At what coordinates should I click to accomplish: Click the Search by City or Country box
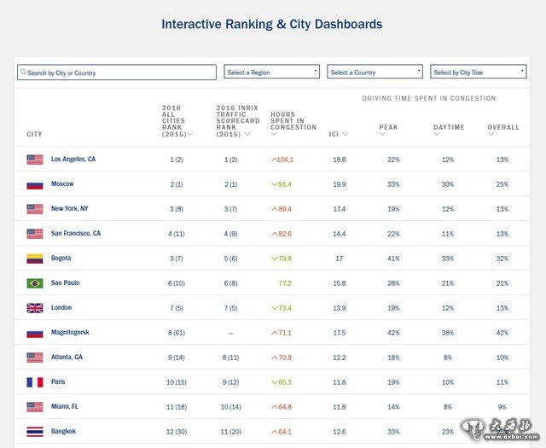[x=117, y=73]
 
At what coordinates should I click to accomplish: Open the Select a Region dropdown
[x=271, y=73]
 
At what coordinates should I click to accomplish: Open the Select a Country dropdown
[x=375, y=73]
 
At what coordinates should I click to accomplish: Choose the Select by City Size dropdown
[x=478, y=73]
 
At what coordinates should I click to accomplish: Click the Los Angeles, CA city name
[x=73, y=160]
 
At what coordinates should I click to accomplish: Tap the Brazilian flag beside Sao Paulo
[x=35, y=283]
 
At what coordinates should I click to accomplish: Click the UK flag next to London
[x=35, y=308]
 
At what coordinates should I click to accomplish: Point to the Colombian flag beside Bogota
[x=35, y=259]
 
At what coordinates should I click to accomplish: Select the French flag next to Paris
[x=35, y=382]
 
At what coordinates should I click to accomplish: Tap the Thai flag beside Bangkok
[x=35, y=432]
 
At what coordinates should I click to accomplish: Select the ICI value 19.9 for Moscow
[x=340, y=184]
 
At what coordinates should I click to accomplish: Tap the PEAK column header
[x=389, y=128]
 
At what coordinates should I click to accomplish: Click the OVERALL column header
[x=503, y=128]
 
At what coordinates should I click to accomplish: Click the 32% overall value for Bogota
[x=502, y=259]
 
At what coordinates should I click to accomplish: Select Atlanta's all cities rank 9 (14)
[x=177, y=358]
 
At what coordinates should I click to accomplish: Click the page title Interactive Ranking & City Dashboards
[x=272, y=25]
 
